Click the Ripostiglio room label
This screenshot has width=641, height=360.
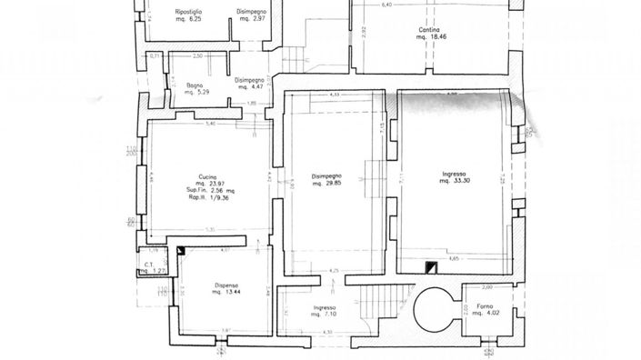[188, 11]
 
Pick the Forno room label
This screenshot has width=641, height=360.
[476, 305]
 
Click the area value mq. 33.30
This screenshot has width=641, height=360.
[454, 181]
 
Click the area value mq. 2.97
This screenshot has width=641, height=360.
[252, 19]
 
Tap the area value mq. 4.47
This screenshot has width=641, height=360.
[251, 87]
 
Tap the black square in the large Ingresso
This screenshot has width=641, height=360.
[431, 265]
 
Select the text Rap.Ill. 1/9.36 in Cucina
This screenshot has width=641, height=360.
[210, 197]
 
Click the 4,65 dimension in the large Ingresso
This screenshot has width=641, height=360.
[452, 257]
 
